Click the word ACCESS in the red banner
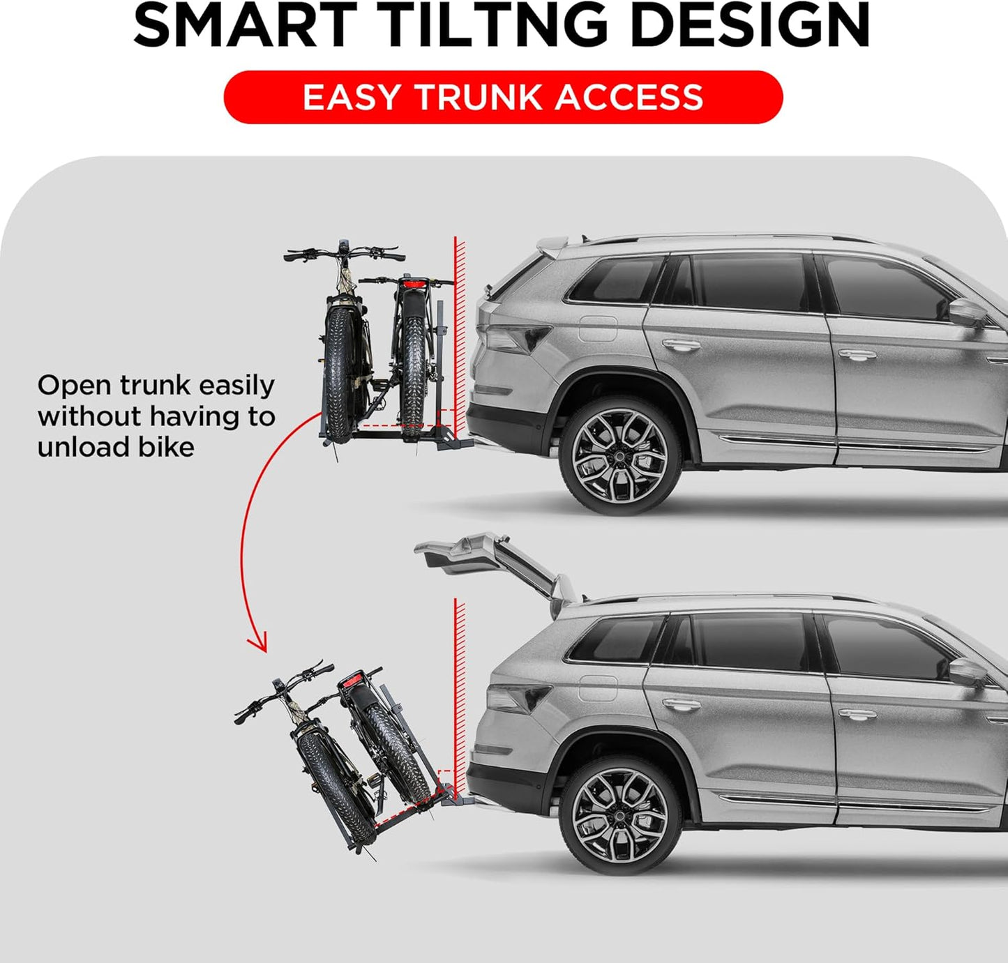click(x=629, y=97)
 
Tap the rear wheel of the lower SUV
click(x=619, y=814)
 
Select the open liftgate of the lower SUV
click(x=488, y=558)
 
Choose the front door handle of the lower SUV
click(x=857, y=714)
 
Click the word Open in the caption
click(x=73, y=386)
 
